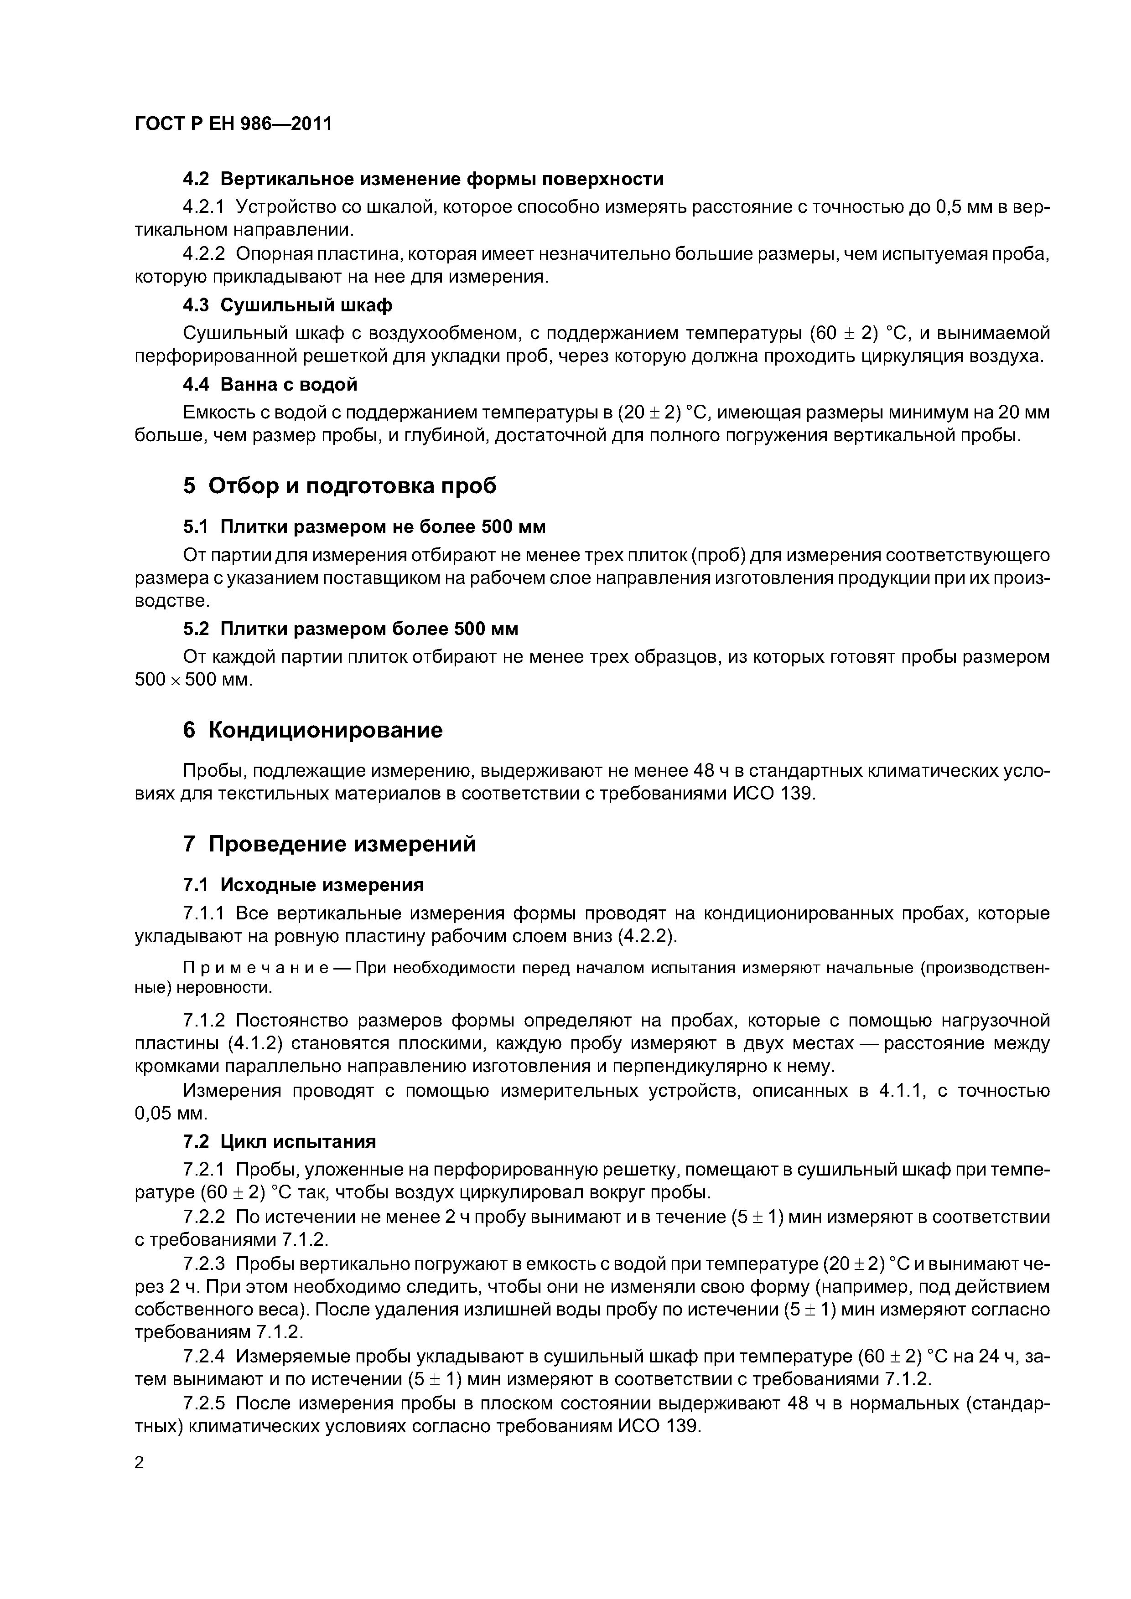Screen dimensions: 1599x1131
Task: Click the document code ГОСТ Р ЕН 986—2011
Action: (x=233, y=124)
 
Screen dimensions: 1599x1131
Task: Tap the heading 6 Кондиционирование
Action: (x=312, y=730)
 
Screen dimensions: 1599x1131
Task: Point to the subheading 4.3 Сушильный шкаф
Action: (x=287, y=305)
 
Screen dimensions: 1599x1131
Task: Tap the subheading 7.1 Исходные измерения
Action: (x=303, y=884)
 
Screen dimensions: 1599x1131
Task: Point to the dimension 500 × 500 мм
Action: (x=193, y=680)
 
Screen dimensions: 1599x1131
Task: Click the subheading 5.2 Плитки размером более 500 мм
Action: (x=351, y=629)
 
